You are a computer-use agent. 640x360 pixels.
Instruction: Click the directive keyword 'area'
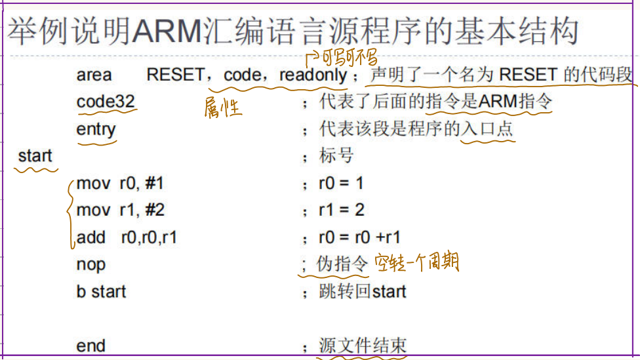tap(94, 75)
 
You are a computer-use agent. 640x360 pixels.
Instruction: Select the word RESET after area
tap(175, 75)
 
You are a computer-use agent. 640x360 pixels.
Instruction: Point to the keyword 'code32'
tap(106, 102)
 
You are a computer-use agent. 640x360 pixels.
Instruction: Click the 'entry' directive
tap(96, 129)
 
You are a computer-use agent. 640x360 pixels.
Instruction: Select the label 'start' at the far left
tap(35, 156)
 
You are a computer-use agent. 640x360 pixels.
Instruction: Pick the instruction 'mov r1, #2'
tap(120, 210)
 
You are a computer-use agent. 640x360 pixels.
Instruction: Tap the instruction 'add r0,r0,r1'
tap(127, 237)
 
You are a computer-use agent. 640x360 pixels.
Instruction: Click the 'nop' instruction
tap(90, 264)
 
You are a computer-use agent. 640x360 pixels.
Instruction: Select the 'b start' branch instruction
tap(101, 291)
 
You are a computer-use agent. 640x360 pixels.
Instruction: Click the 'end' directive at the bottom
tap(90, 346)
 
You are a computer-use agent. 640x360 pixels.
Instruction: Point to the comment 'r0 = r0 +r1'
tap(359, 237)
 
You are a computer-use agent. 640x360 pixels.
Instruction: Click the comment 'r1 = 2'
tap(341, 210)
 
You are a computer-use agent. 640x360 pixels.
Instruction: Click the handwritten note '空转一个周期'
tap(416, 264)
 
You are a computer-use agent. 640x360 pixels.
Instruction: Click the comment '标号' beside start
tap(336, 156)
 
